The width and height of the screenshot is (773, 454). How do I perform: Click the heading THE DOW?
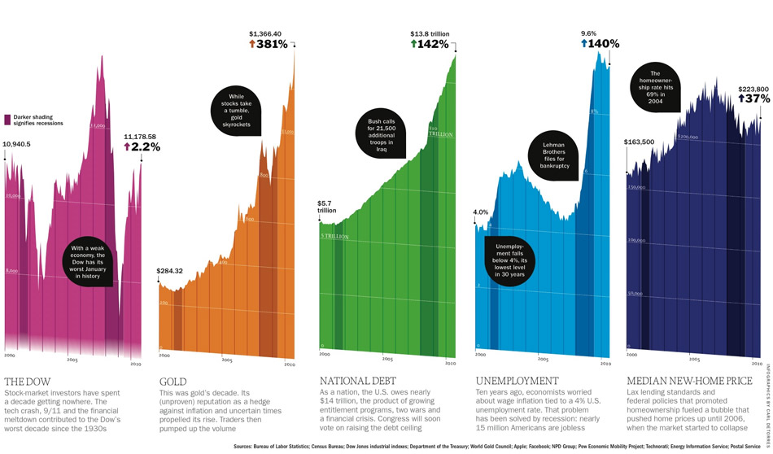point(26,381)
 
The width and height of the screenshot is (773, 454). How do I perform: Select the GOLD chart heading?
point(173,381)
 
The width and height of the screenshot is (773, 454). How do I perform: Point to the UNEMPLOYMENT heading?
point(516,381)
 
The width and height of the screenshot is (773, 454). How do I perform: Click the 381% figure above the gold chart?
point(269,45)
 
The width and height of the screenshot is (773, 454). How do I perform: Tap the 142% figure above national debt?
point(430,45)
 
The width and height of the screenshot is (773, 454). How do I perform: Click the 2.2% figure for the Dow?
point(142,147)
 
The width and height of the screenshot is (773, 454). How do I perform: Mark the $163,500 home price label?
point(639,142)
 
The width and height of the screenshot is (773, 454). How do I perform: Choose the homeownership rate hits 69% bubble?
point(660,87)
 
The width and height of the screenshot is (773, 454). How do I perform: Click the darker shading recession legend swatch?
point(7,120)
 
